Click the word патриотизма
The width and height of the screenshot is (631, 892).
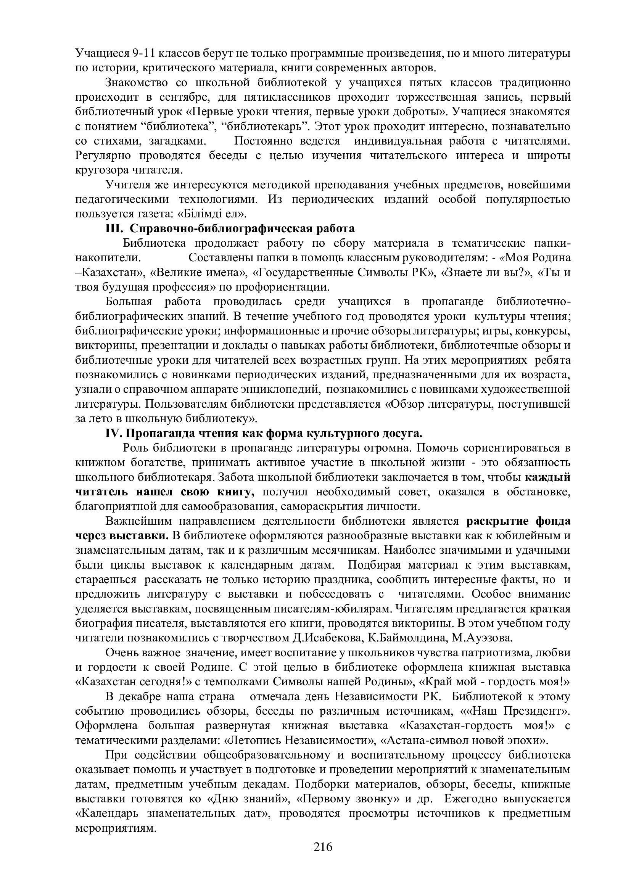[495, 653]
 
